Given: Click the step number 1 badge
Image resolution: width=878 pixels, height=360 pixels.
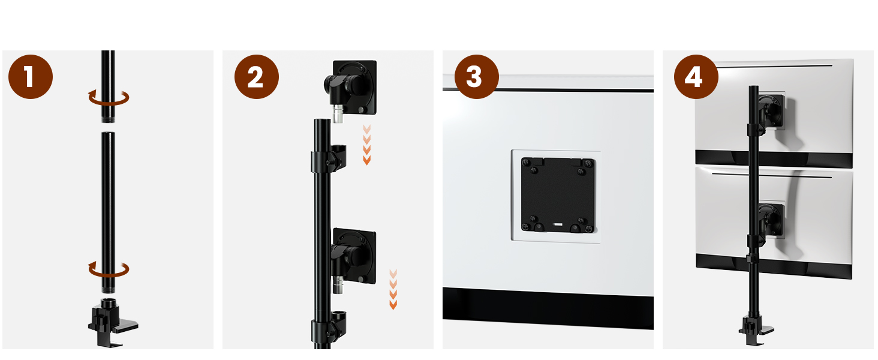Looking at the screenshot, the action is (31, 76).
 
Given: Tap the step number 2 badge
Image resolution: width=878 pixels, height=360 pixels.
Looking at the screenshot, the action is (257, 76).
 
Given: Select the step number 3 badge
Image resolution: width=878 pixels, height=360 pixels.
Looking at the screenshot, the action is (477, 76).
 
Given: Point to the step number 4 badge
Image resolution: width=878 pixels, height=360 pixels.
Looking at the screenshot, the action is (696, 76).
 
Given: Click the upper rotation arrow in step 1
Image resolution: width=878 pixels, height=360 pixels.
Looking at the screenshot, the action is (109, 103).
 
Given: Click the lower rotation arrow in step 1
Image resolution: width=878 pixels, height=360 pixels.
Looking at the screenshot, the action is (109, 275).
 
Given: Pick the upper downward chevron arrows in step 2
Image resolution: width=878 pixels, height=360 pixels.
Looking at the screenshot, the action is (367, 145).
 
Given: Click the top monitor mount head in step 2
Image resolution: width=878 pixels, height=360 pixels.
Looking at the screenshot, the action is (351, 88).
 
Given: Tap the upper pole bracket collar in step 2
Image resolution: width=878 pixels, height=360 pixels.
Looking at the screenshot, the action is (329, 159).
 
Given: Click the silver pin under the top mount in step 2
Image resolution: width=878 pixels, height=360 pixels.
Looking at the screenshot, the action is (338, 114).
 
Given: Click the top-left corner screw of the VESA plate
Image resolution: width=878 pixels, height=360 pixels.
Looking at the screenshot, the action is (527, 163).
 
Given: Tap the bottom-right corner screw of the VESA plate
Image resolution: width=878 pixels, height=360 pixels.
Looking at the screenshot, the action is (588, 227).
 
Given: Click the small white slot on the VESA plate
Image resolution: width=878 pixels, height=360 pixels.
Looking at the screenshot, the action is (558, 225).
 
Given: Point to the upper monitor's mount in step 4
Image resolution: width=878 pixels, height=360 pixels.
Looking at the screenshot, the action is (770, 111).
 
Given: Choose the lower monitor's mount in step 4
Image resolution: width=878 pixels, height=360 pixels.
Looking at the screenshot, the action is (770, 221).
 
